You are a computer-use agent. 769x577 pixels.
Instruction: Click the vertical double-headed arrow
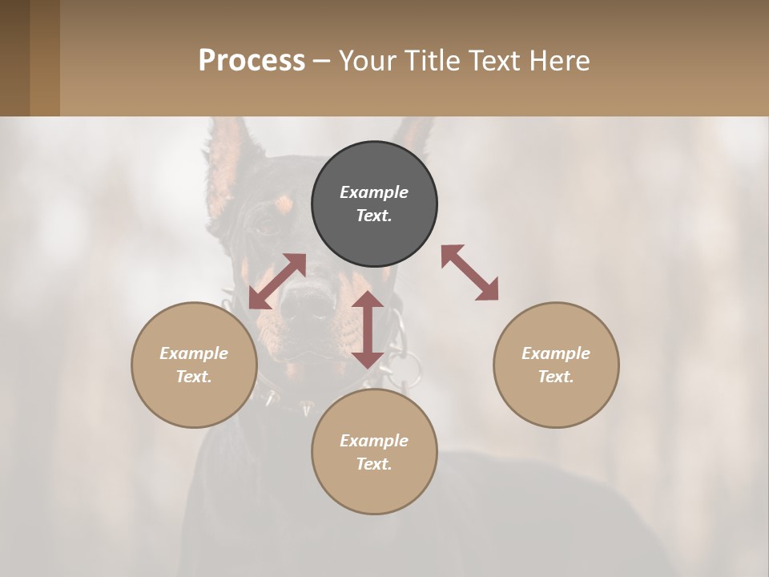point(368,329)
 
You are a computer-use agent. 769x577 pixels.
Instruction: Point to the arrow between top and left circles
point(277,281)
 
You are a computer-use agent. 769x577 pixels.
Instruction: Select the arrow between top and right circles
point(469,272)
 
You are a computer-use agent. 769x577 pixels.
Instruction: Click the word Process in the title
point(252,60)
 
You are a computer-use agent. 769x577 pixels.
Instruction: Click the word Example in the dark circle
point(374,192)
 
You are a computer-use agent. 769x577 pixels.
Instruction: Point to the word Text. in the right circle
point(556,377)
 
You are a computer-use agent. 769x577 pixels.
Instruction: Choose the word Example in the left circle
point(194,353)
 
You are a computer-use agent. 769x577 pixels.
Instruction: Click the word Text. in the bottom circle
point(374,464)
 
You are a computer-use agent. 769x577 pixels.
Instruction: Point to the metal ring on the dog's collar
point(404,369)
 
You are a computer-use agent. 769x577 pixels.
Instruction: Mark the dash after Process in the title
point(321,61)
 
